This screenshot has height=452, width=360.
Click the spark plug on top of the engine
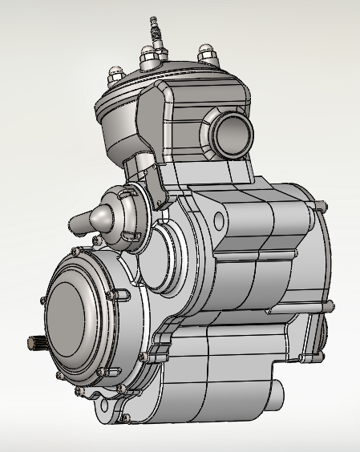tap(155, 32)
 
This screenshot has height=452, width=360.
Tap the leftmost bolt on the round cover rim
tap(40, 299)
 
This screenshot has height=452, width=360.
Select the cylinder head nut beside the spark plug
tap(149, 57)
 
